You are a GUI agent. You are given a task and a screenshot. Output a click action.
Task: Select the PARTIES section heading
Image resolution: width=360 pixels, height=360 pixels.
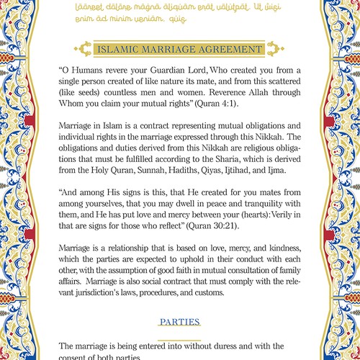pyautogui.click(x=180, y=321)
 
